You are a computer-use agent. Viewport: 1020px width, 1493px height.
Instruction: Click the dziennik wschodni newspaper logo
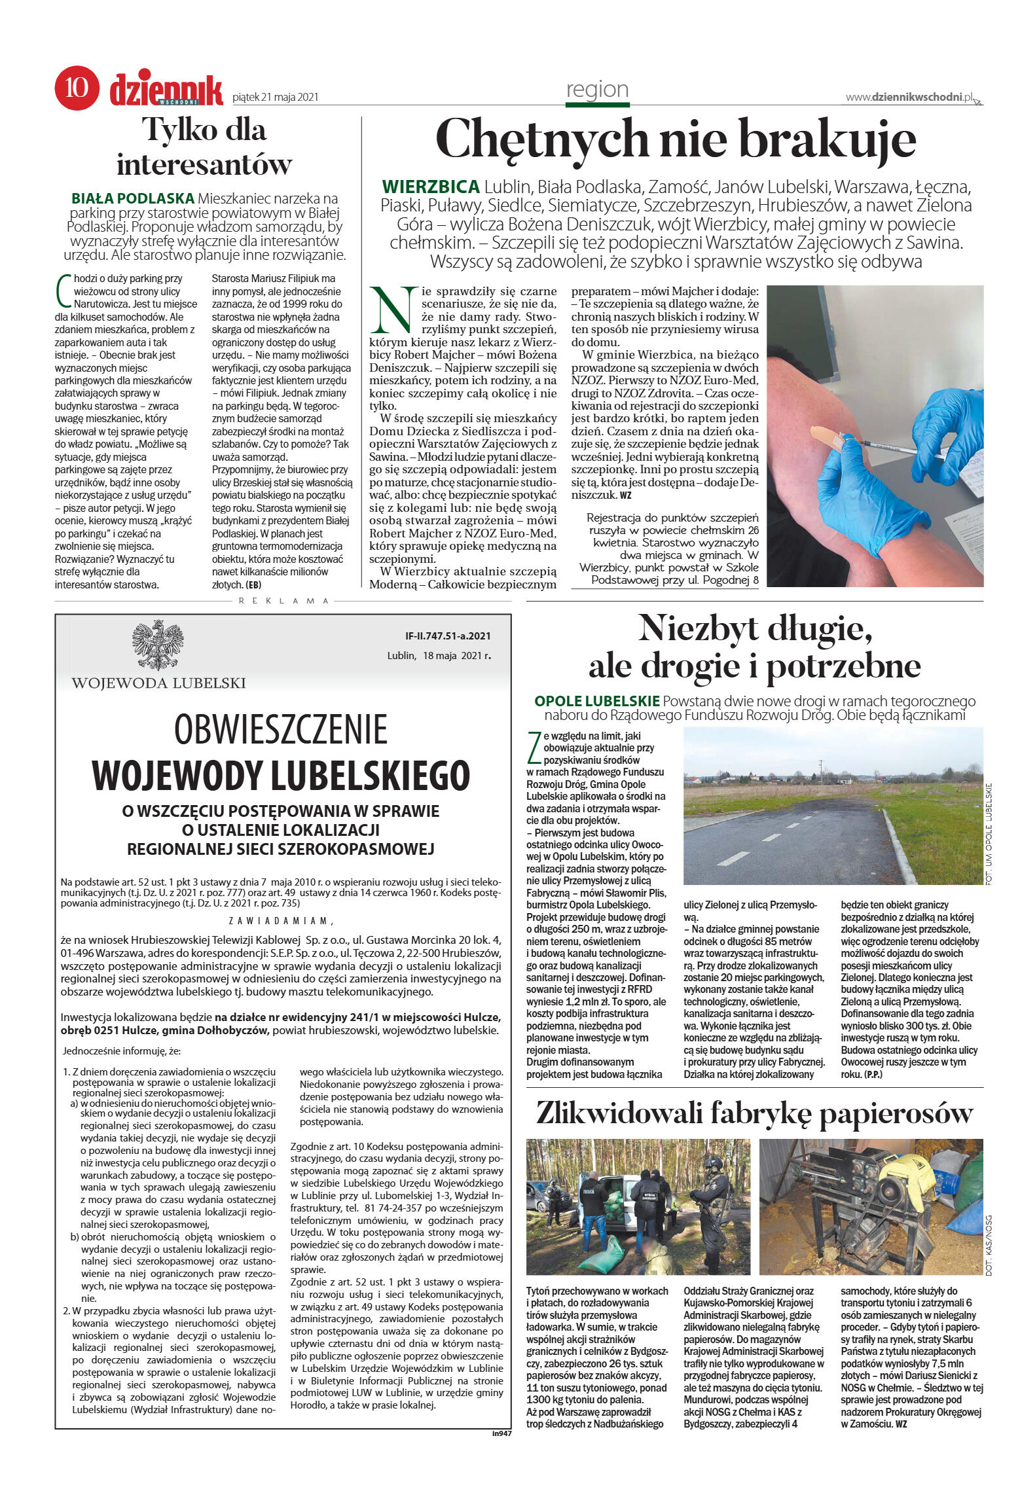coord(166,89)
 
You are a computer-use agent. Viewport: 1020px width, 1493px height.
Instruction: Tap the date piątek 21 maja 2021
coord(276,97)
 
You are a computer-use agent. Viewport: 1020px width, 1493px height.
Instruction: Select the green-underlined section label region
coord(597,90)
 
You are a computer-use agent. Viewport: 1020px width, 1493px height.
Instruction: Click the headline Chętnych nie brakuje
coord(675,139)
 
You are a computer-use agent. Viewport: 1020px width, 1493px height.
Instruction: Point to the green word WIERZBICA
coord(431,187)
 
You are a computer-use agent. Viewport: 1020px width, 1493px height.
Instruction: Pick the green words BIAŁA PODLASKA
coord(133,198)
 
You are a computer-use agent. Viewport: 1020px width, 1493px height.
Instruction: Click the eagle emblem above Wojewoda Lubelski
coord(158,645)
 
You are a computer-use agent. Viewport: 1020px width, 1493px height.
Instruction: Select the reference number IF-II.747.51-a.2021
coord(448,636)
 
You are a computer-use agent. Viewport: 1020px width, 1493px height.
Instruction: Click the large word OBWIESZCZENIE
coord(281,729)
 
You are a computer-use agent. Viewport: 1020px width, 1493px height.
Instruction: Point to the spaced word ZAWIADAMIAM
coord(280,920)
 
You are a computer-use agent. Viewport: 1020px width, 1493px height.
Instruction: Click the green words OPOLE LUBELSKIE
coord(596,701)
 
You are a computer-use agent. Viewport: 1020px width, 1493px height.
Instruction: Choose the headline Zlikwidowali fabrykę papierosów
coord(754,1113)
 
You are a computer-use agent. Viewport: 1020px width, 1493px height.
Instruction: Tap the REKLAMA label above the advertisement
coord(283,600)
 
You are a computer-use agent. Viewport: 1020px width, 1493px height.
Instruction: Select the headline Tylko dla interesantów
coord(204,147)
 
